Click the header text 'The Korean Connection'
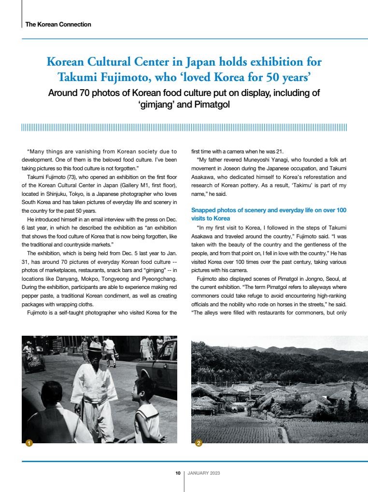coord(58,24)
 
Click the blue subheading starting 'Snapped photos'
coord(269,214)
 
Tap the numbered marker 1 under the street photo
coord(29,443)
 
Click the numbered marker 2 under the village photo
coord(198,443)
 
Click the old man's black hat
coord(94,346)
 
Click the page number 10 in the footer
coord(178,473)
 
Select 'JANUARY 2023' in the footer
coord(204,473)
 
